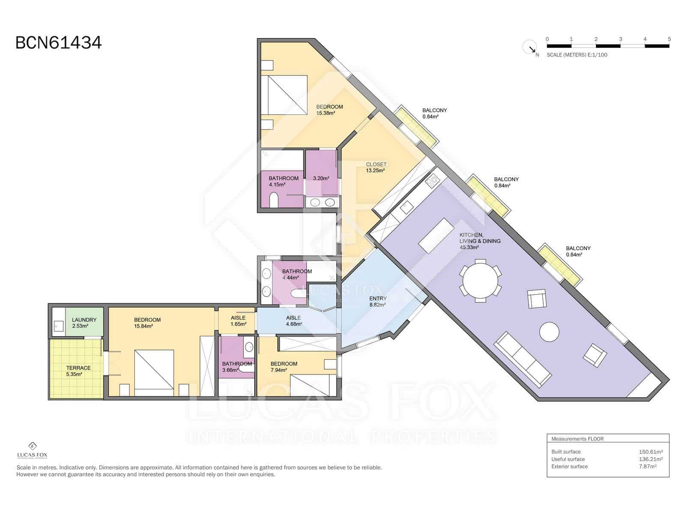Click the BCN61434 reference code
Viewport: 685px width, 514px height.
pyautogui.click(x=58, y=43)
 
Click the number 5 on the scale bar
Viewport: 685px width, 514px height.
pyautogui.click(x=669, y=39)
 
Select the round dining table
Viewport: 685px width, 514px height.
pyautogui.click(x=480, y=280)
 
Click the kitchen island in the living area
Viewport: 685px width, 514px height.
pyautogui.click(x=436, y=236)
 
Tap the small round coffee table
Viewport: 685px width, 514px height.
pyautogui.click(x=549, y=332)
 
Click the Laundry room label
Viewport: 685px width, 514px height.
pyautogui.click(x=84, y=323)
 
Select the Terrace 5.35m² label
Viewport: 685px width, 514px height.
pyautogui.click(x=78, y=371)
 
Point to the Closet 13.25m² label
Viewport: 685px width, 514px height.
pyautogui.click(x=376, y=167)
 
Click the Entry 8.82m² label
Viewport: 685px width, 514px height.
pyautogui.click(x=378, y=302)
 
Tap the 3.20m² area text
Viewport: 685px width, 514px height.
pyautogui.click(x=321, y=179)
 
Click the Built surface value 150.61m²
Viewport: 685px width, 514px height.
pyautogui.click(x=651, y=451)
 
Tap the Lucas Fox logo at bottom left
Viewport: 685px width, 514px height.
pyautogui.click(x=32, y=450)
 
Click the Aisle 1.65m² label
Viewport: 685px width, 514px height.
pyautogui.click(x=238, y=321)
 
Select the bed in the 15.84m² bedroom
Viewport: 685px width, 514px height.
pyautogui.click(x=154, y=373)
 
